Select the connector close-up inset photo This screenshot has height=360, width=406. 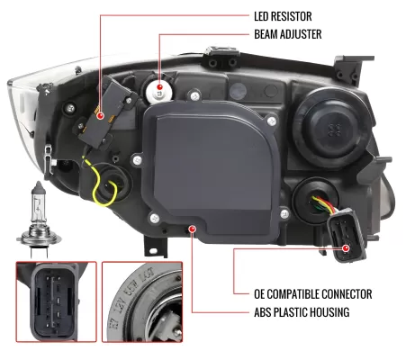(55, 307)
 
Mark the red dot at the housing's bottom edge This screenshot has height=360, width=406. (194, 229)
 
